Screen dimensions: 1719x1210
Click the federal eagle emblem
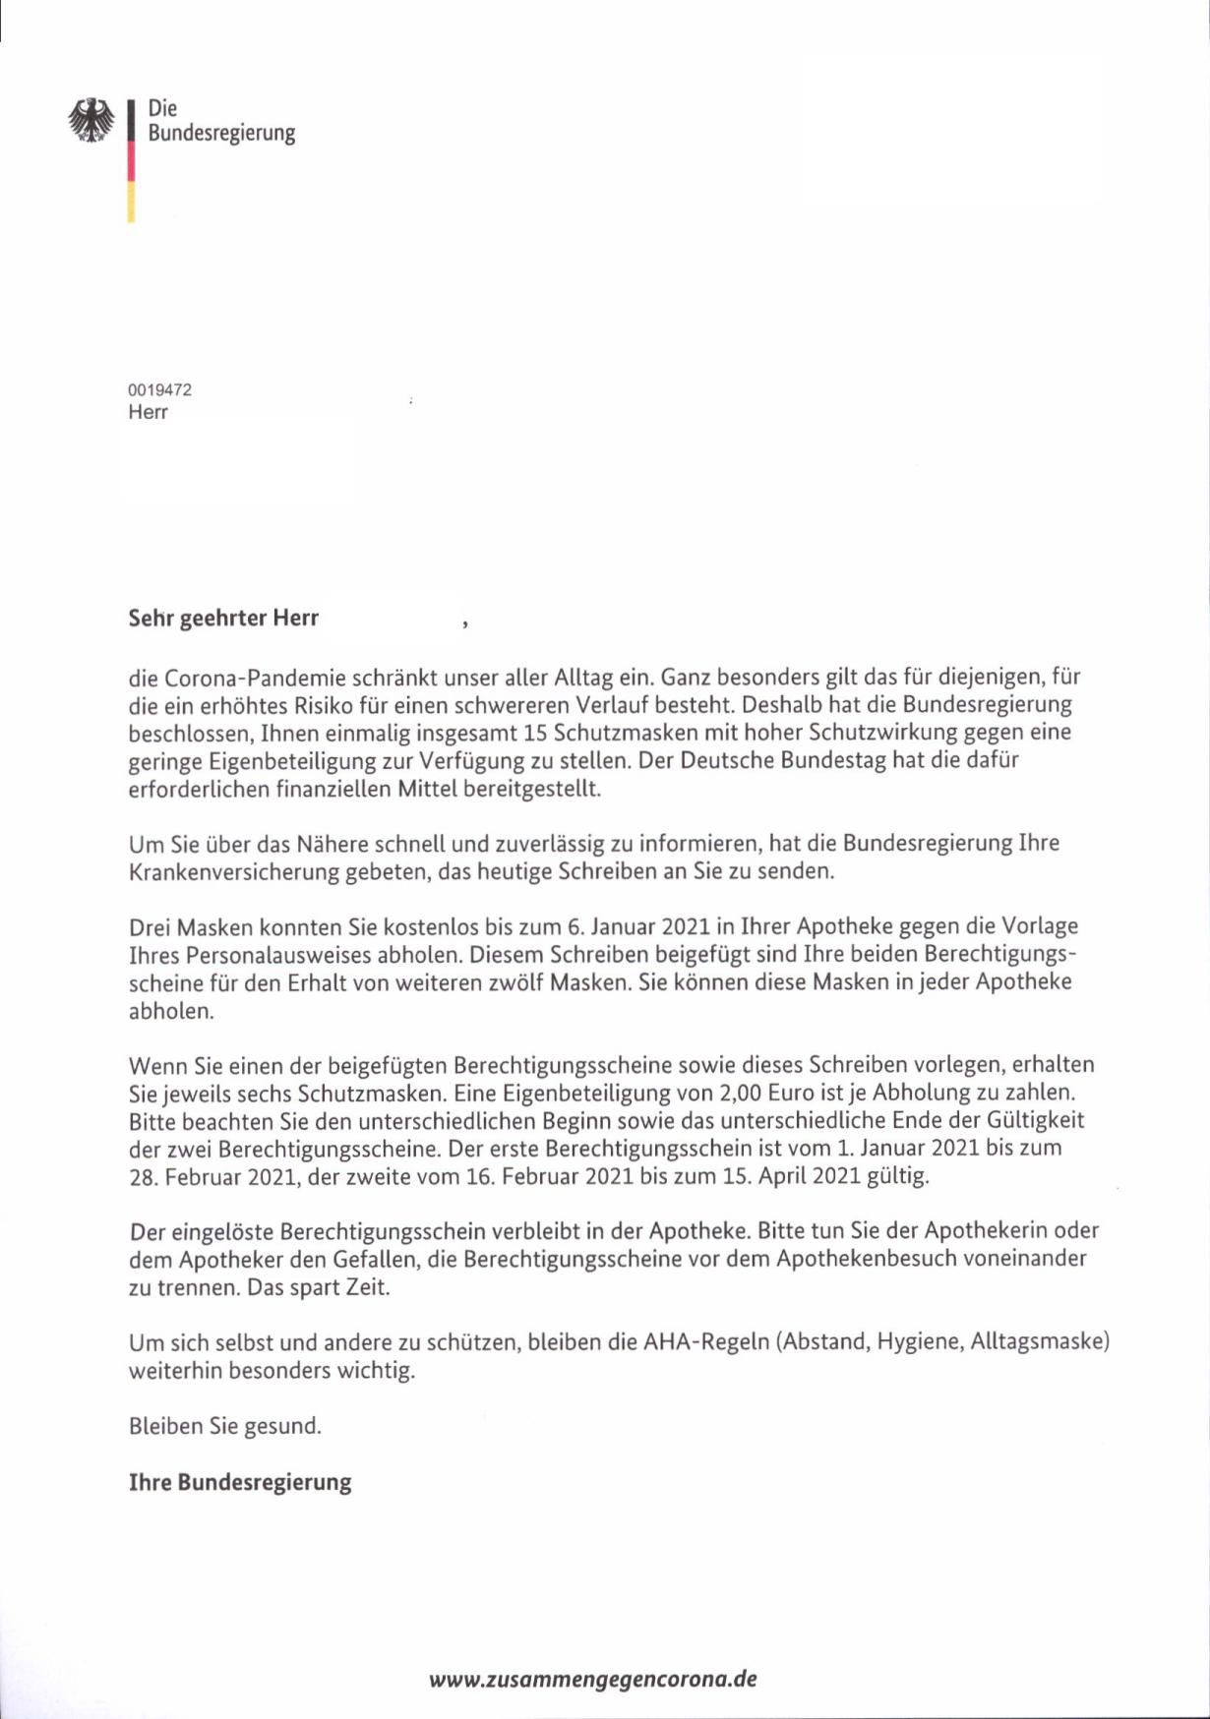click(91, 120)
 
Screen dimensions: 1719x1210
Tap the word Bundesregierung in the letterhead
click(221, 133)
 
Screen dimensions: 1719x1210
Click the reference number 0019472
click(159, 389)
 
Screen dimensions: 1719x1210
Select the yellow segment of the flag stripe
click(131, 202)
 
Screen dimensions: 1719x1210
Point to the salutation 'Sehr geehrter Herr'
click(223, 619)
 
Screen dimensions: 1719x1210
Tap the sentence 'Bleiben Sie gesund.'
click(225, 1426)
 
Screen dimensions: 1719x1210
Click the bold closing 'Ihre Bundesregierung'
click(240, 1482)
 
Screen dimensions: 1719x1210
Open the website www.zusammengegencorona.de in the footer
click(593, 1679)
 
